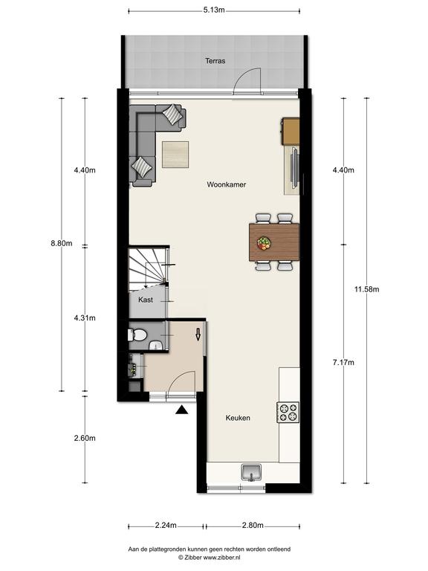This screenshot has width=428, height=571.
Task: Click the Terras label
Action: click(x=215, y=61)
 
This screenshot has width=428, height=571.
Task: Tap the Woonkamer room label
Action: click(x=227, y=184)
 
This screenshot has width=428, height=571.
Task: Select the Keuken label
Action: click(x=238, y=418)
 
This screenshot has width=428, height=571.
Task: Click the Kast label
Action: click(x=146, y=300)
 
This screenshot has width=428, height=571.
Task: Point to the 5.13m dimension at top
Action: click(x=214, y=10)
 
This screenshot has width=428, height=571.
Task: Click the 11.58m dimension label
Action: click(x=367, y=289)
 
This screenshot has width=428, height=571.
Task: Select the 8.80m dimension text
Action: click(x=62, y=243)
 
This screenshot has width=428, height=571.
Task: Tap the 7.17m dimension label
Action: click(x=343, y=362)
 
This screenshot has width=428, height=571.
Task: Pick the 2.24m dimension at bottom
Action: click(x=166, y=525)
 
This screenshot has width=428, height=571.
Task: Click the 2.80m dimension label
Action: click(x=253, y=525)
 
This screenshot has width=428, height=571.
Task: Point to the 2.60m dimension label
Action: click(x=85, y=438)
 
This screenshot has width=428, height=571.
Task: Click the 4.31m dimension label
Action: click(x=85, y=318)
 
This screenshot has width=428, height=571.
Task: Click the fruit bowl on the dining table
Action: click(x=264, y=243)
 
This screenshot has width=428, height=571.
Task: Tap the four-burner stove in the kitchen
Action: click(x=288, y=412)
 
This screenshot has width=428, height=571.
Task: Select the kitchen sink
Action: click(x=251, y=473)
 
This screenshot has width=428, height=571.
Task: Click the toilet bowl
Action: click(x=137, y=335)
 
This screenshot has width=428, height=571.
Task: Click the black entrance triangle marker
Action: click(x=181, y=410)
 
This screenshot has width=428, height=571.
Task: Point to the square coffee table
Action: click(x=175, y=155)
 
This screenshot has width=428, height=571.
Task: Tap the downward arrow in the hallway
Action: click(x=198, y=335)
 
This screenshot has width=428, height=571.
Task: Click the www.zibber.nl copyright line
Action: click(x=209, y=557)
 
